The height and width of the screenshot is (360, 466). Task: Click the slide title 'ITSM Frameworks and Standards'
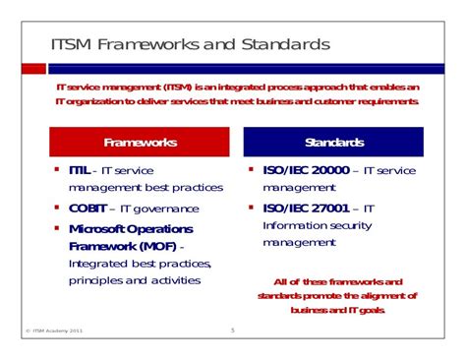[x=190, y=45]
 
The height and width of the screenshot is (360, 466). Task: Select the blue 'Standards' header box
[x=334, y=142]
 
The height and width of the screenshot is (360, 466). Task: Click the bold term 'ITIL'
[x=82, y=170]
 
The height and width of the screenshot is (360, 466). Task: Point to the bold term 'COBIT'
[x=89, y=208]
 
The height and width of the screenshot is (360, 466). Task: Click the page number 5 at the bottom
[x=233, y=330]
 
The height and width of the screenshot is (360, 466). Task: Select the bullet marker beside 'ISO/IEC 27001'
[x=251, y=207]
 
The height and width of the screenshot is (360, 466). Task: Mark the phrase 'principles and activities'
[x=135, y=280]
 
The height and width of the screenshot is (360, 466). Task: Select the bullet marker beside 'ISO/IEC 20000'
[x=251, y=169]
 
